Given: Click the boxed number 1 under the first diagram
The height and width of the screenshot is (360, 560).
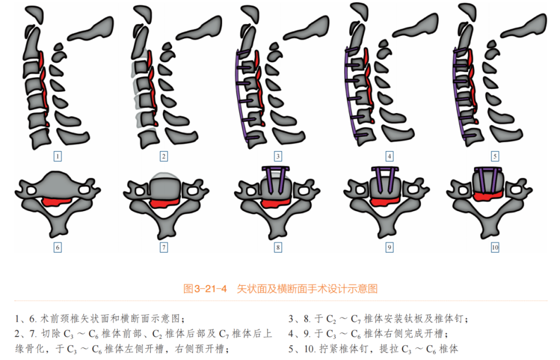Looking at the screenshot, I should (x=58, y=156).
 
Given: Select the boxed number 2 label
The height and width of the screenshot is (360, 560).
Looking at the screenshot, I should (x=164, y=156).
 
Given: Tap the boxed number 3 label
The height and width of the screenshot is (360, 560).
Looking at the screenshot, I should (x=278, y=156).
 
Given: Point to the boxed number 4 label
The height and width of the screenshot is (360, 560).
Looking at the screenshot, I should (x=389, y=156).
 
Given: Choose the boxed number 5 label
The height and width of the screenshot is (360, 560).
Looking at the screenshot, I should (x=495, y=156).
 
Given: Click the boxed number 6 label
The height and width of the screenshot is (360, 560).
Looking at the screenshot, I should (x=58, y=247).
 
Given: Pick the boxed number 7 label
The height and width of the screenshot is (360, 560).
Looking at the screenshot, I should (x=164, y=247).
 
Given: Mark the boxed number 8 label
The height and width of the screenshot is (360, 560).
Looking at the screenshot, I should (x=278, y=247).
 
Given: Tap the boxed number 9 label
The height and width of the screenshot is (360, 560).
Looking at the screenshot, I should (x=389, y=247).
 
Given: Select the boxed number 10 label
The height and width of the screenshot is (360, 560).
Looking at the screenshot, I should (x=495, y=247).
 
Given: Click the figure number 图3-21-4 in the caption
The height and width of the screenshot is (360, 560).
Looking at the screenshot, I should (x=206, y=289).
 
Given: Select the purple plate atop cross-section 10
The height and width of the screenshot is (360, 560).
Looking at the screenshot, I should (x=490, y=170).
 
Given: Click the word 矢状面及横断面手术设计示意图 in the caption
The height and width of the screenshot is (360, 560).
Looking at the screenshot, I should (x=307, y=289).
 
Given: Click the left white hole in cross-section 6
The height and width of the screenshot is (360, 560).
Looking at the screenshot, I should (x=32, y=191).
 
